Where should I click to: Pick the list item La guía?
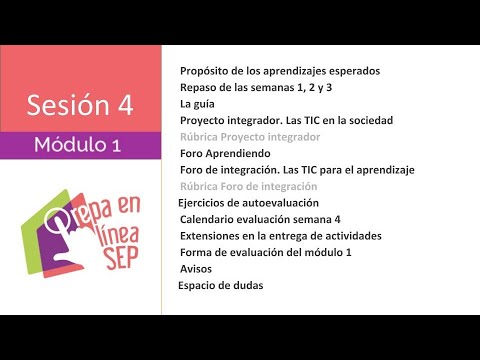click(x=197, y=103)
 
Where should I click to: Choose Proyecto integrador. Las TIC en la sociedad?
click(x=286, y=120)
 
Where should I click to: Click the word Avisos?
click(x=196, y=268)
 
